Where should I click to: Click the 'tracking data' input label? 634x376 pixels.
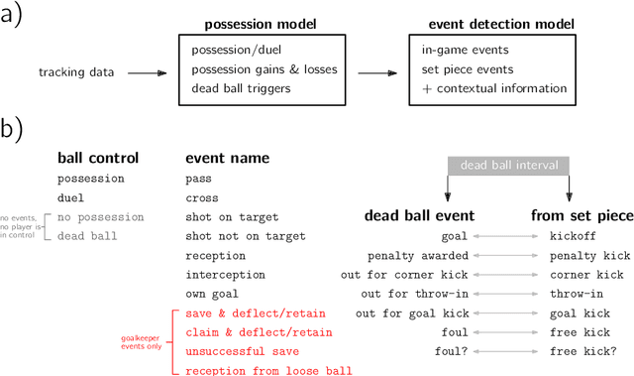click(x=76, y=71)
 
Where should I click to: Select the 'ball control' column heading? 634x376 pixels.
click(x=98, y=158)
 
